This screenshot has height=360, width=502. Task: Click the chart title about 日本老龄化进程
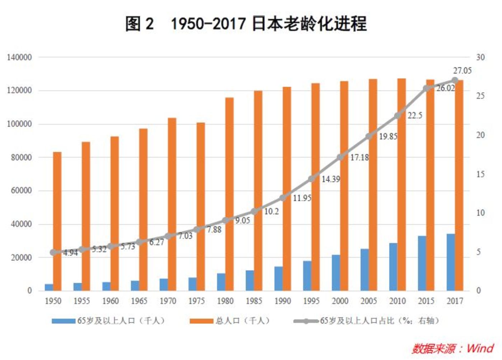(x=246, y=24)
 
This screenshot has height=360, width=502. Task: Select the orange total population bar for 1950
(x=57, y=221)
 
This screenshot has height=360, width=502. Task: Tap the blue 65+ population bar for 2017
(x=451, y=262)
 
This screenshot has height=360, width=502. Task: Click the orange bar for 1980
(x=230, y=194)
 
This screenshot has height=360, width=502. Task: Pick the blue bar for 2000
(x=336, y=273)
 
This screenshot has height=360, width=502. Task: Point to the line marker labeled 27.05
(x=455, y=80)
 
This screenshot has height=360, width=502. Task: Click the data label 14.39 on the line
(x=330, y=179)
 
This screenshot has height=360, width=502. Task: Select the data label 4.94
(x=71, y=253)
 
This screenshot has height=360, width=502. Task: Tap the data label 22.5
(x=415, y=116)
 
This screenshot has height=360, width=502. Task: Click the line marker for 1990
(x=283, y=198)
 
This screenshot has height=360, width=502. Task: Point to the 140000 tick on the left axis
(x=19, y=57)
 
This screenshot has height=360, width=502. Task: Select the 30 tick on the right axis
(x=480, y=57)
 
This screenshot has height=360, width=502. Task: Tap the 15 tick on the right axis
(x=480, y=174)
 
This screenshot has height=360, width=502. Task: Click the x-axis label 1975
(x=196, y=301)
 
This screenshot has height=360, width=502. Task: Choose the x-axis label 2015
(x=426, y=301)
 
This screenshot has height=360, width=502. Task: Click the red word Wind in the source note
(x=480, y=348)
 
